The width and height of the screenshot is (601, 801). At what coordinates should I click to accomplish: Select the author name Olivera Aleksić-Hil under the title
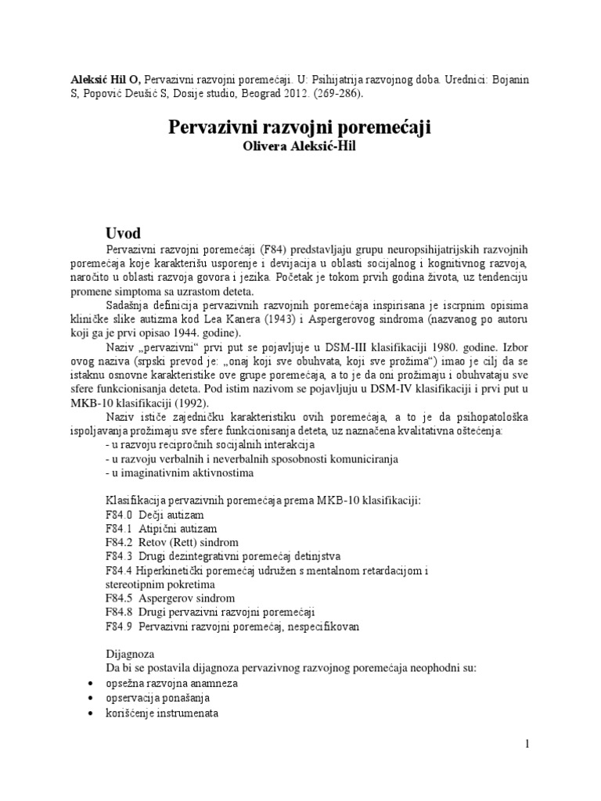pos(300,147)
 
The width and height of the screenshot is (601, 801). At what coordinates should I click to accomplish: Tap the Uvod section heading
pos(123,233)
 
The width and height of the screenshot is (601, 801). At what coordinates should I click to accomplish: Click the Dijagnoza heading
pos(130,654)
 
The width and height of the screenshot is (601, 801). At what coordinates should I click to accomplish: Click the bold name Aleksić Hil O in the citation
pos(99,78)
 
